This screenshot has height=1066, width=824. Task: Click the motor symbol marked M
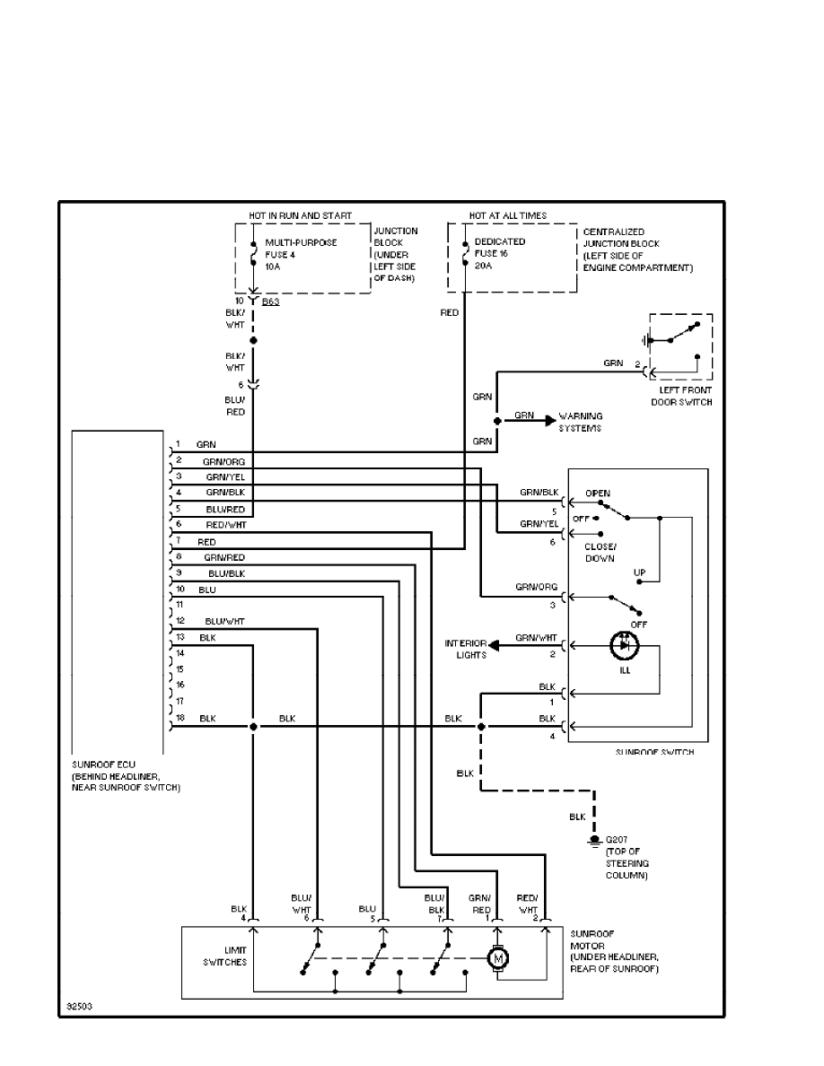click(497, 959)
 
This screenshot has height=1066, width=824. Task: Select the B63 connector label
click(270, 301)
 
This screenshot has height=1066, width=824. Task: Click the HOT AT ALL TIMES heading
click(507, 216)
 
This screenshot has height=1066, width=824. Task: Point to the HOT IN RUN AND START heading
click(300, 216)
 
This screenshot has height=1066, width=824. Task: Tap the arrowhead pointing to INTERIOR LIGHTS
click(495, 645)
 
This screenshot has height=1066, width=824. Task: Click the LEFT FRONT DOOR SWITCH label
click(681, 396)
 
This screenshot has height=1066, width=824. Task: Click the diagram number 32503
click(77, 1007)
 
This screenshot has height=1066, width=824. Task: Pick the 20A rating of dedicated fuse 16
click(484, 266)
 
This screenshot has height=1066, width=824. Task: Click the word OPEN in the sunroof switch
click(598, 494)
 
